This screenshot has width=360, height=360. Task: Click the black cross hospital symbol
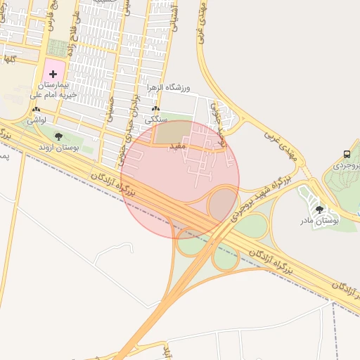pos(53,74)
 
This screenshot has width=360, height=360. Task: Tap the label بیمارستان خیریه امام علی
pos(53,89)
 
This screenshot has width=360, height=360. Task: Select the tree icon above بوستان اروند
pos(58,136)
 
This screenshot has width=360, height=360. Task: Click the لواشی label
pos(37,121)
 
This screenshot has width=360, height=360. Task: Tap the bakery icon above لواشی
pos(37,110)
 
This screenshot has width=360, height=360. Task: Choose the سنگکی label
pos(155,120)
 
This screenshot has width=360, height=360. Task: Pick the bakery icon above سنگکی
pos(155,110)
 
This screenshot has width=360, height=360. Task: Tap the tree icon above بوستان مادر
pos(319,210)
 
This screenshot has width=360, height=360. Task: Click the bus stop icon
pos(347,154)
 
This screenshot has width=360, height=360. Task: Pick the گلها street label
pos(8,59)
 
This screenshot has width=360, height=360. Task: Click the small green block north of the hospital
pos(58,48)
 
